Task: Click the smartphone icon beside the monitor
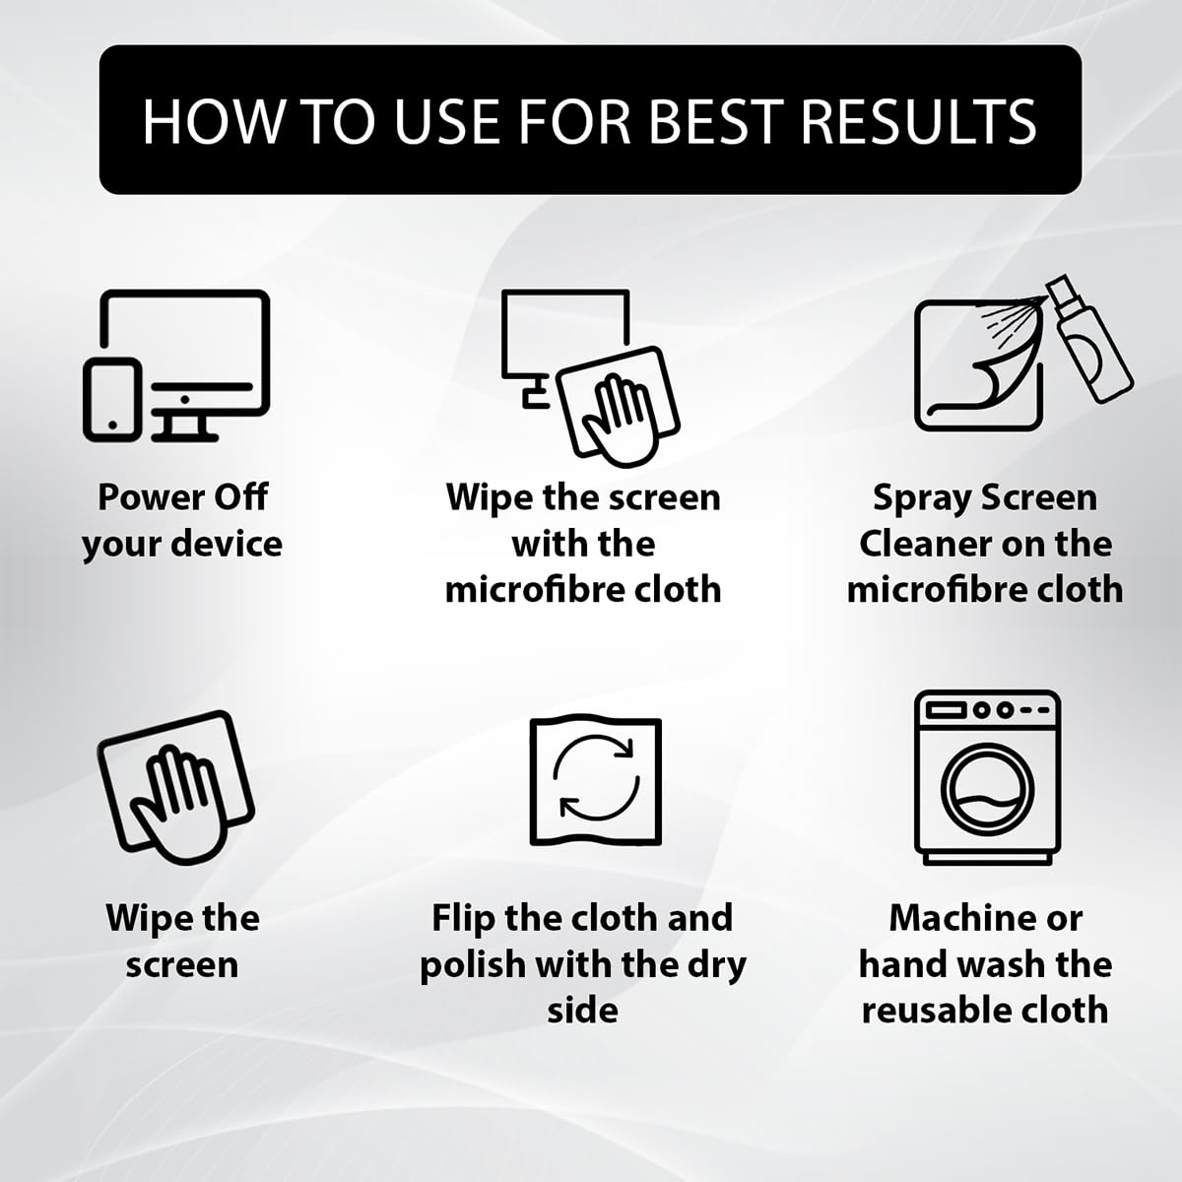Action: point(112,399)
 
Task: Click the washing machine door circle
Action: point(987,788)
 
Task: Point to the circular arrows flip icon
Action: point(596,778)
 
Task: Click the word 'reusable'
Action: point(946,1010)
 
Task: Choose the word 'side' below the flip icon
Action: point(583,1011)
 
